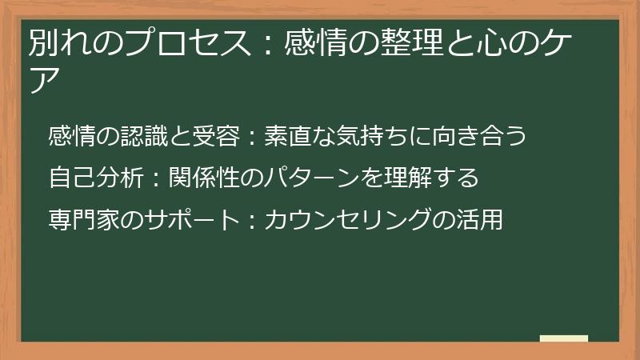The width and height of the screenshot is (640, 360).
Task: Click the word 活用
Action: [x=483, y=218]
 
